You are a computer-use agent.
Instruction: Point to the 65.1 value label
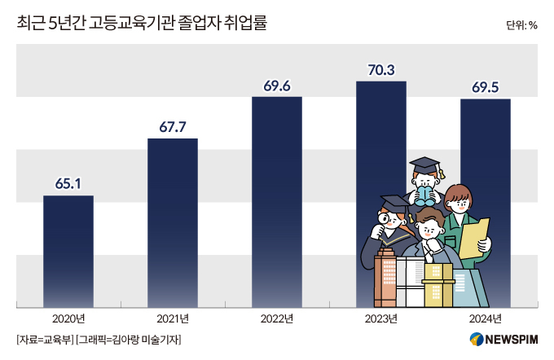(68, 183)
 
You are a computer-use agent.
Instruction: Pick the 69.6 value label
(276, 85)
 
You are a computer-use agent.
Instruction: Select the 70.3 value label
(380, 70)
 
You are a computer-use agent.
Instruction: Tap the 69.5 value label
(485, 86)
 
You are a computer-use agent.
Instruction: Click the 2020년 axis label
(68, 318)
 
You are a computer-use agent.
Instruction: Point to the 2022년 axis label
(276, 318)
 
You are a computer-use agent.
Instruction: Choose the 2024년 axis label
(485, 318)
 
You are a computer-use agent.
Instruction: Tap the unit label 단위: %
(521, 24)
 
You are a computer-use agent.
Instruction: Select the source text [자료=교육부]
(44, 340)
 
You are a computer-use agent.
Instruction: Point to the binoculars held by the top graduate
(424, 195)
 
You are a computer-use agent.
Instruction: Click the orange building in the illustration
(384, 282)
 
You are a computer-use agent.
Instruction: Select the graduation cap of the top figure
(424, 165)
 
